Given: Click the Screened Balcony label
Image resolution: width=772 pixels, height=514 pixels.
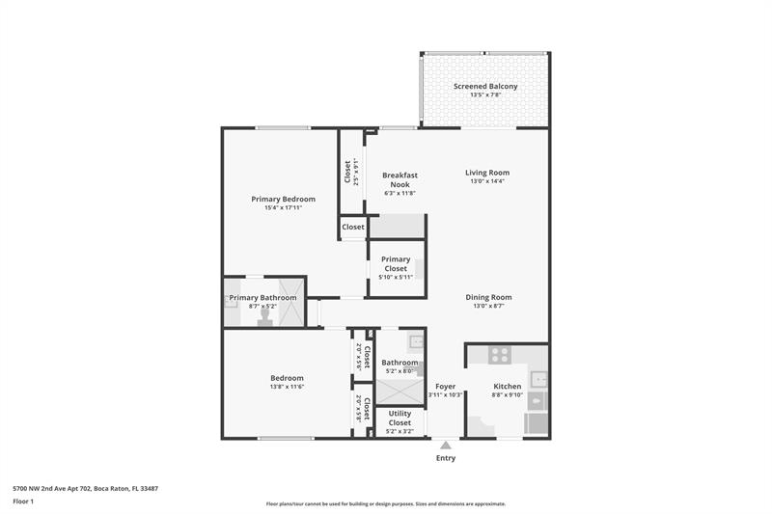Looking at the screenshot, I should point(485,86).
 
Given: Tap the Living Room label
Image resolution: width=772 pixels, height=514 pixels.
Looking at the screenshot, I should point(487,173).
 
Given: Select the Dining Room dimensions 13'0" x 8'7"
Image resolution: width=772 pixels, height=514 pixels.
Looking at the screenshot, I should point(488,307).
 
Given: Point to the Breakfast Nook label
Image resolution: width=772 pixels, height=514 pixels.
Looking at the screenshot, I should point(400,179).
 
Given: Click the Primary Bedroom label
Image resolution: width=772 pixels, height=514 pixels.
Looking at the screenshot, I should point(284,199).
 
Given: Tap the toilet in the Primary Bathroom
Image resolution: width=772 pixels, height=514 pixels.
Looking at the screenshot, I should point(263,316).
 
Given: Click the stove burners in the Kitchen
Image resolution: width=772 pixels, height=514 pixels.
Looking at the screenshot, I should point(499,355).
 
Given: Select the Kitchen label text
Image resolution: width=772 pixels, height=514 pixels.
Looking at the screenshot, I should point(507,386).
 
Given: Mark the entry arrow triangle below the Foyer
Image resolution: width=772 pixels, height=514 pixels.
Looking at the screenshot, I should point(445,445).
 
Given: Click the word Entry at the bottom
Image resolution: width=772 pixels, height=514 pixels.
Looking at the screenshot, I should point(445,458).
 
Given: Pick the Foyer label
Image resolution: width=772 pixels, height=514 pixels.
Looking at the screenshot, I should point(445,386).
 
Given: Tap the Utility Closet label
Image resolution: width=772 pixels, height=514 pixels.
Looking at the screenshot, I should point(400,418).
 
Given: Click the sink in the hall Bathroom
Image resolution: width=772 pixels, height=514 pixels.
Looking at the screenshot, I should point(415,341).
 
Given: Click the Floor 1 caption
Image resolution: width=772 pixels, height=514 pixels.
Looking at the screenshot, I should point(23,501).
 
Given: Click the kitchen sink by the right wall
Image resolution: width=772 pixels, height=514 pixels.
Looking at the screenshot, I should point(540,379).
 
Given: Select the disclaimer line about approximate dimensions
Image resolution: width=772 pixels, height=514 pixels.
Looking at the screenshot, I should point(385,503).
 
